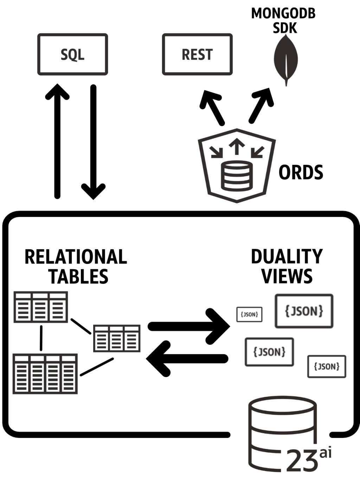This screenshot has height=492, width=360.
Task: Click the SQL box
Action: (72, 54)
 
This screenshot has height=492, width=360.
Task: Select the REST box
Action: (197, 54)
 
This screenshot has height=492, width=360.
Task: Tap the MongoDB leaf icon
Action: (286, 60)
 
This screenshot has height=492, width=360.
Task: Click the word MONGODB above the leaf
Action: (283, 13)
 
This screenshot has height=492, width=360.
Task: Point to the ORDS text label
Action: (301, 172)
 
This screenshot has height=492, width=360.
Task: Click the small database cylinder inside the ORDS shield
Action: (237, 176)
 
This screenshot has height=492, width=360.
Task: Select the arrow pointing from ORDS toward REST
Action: (212, 107)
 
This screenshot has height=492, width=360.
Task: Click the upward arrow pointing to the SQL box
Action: (57, 141)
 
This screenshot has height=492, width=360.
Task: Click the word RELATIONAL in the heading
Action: (76, 257)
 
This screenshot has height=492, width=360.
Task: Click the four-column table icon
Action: (45, 374)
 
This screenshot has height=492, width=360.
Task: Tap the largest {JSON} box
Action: (304, 311)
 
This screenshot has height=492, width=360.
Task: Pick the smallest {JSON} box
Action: (249, 314)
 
